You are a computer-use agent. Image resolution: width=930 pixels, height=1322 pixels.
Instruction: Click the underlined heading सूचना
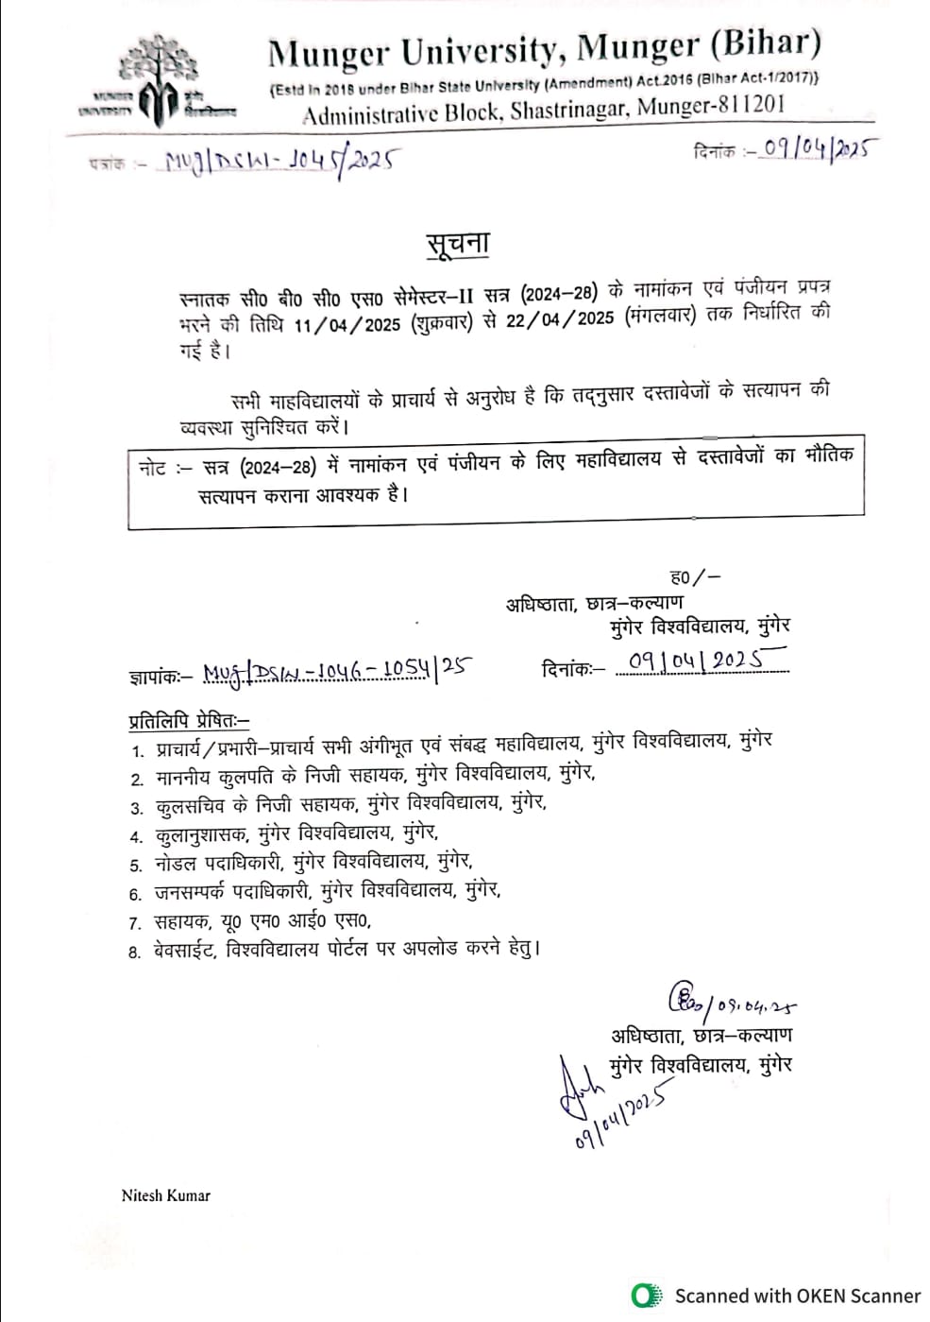(457, 244)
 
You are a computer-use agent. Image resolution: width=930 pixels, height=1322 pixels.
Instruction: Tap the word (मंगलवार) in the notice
(660, 317)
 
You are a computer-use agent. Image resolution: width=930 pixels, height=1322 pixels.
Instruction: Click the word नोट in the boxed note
(152, 467)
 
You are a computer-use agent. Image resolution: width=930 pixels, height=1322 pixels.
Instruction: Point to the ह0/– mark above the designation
(695, 577)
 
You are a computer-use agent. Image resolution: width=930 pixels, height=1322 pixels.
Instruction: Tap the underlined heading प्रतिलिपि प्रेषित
(188, 720)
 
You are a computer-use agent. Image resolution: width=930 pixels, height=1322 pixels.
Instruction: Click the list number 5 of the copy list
(135, 865)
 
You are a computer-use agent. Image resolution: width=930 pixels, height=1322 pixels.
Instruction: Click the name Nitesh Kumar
(165, 1195)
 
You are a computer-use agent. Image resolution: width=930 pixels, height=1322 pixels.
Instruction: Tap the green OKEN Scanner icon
(647, 1295)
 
